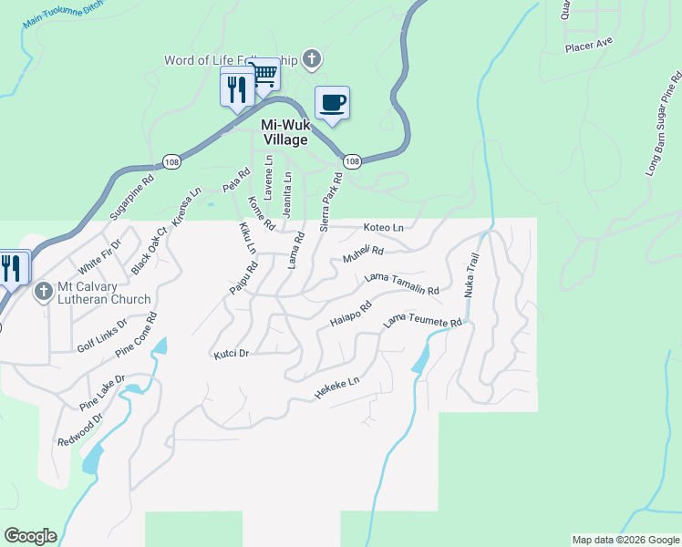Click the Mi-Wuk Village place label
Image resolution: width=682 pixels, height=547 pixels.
284,133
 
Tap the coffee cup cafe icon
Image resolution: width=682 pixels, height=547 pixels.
333,102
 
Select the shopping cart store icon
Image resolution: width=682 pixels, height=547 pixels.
263,74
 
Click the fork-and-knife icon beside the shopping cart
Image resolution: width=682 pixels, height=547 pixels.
237,88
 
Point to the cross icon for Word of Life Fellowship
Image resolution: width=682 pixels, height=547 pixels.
312,60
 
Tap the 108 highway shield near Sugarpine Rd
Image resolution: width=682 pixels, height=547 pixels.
171,161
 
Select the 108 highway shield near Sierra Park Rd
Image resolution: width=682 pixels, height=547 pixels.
354,161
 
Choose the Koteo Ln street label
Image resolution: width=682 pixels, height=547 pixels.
383,227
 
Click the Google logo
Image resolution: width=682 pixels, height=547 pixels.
30,536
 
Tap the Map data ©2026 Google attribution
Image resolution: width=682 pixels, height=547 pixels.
625,540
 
